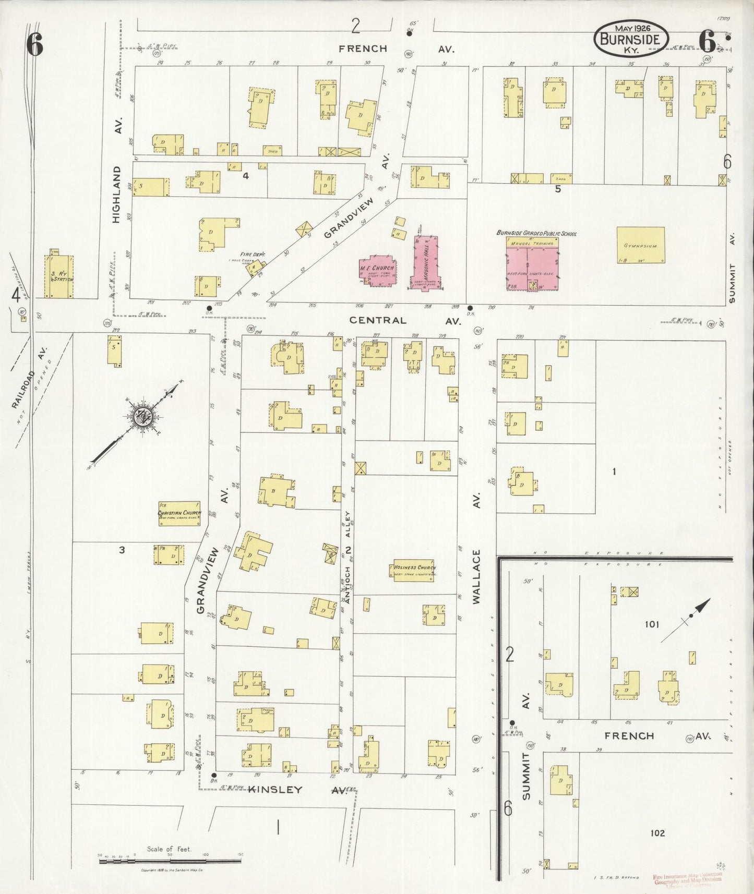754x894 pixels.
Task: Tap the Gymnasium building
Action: (x=641, y=245)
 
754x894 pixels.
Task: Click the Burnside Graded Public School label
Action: (x=536, y=233)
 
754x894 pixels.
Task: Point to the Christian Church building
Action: (x=179, y=513)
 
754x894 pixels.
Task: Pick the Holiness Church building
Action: (x=414, y=570)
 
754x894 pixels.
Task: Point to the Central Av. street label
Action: (x=405, y=320)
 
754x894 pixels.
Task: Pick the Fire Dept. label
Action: (x=253, y=255)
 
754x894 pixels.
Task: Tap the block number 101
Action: (x=652, y=624)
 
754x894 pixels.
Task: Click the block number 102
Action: (x=657, y=833)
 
